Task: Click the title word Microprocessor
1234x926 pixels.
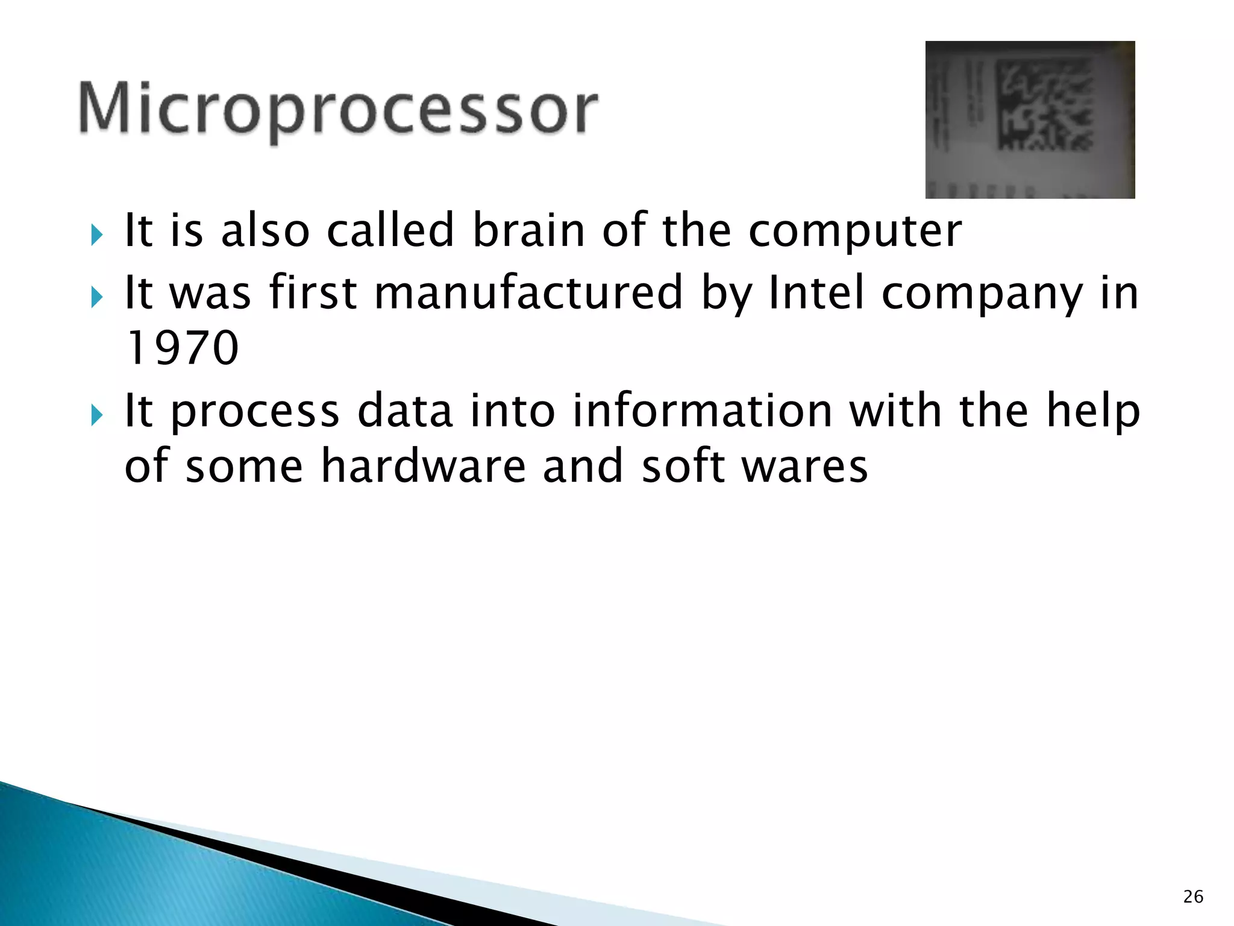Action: tap(337, 109)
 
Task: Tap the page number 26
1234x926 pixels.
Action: tap(1193, 897)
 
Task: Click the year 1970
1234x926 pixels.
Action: tap(182, 348)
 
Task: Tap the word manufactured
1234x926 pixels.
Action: tap(528, 292)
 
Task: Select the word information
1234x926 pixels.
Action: tap(702, 411)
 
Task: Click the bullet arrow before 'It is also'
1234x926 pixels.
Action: tap(97, 235)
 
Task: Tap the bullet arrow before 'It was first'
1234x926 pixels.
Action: tap(97, 297)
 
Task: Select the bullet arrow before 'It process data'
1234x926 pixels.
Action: tap(97, 415)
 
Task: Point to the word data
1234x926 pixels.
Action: tap(404, 411)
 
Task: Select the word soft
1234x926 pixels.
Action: tap(683, 466)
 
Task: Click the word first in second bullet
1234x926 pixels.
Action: tap(313, 292)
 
